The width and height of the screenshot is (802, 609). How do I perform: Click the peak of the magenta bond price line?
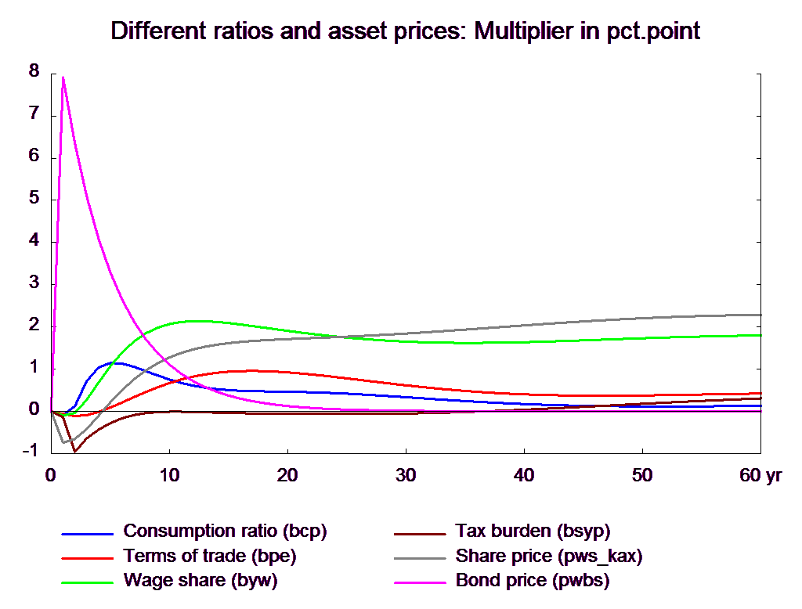pos(63,77)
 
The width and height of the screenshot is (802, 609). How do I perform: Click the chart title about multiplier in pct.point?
pos(406,32)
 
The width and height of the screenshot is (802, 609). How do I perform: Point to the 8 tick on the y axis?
pos(33,70)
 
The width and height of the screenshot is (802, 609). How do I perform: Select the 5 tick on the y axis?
pos(33,197)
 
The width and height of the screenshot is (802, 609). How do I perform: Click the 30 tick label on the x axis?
pos(405,475)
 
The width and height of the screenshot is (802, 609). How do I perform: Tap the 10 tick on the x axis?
pos(168,475)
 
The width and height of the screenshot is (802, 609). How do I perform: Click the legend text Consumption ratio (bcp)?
pos(225,531)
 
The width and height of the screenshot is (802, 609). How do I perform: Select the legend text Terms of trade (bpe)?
pos(210,556)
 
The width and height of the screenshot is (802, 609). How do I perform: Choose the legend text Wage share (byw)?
pos(200,581)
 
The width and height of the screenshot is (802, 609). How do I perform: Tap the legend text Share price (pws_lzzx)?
pos(549,556)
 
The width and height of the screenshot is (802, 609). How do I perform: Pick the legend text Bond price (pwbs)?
pos(533,581)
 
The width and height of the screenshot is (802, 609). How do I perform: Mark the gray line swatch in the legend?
pos(420,558)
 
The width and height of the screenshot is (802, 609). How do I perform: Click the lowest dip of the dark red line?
pos(74,452)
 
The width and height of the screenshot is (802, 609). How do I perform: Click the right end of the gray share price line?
pos(760,315)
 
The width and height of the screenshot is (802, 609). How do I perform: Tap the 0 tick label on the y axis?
pos(33,409)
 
